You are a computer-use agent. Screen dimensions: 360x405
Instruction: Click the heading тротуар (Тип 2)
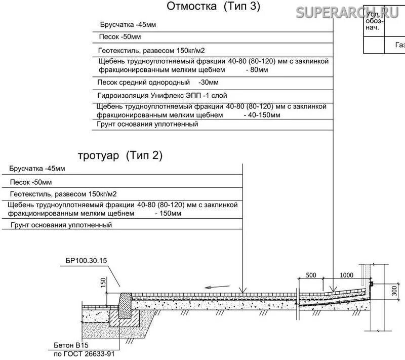pyautogui.click(x=120, y=155)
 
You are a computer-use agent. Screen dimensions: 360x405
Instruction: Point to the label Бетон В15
pyautogui.click(x=71, y=345)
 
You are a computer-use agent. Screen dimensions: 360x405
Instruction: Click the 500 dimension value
pyautogui.click(x=311, y=275)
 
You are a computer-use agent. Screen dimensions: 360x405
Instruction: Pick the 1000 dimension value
pyautogui.click(x=346, y=275)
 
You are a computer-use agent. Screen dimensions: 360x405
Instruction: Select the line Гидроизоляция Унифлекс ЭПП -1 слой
pyautogui.click(x=162, y=95)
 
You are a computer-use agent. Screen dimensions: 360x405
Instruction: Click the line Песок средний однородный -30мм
pyautogui.click(x=157, y=82)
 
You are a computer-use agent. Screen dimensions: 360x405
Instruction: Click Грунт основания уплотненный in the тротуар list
pyautogui.click(x=60, y=225)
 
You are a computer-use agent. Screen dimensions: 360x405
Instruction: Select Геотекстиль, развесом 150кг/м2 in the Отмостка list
pyautogui.click(x=151, y=51)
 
